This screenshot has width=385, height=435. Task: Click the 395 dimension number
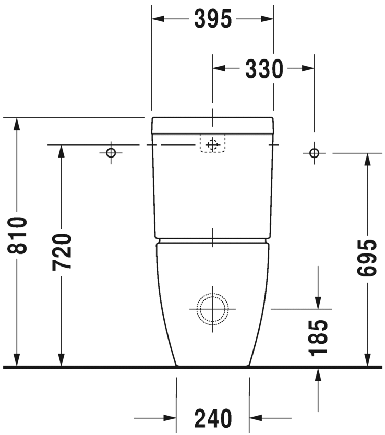click(212, 19)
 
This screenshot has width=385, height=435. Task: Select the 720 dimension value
click(62, 252)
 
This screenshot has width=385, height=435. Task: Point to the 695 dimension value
click(368, 259)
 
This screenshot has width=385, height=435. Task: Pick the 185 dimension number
click(318, 337)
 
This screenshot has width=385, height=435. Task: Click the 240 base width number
click(213, 418)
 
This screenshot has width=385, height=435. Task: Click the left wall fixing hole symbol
click(111, 153)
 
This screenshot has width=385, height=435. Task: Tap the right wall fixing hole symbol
click(314, 153)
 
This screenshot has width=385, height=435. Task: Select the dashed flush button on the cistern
click(212, 144)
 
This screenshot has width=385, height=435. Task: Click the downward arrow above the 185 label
click(318, 301)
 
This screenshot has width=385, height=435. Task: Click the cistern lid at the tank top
click(212, 125)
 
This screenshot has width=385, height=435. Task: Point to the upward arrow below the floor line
click(318, 376)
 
